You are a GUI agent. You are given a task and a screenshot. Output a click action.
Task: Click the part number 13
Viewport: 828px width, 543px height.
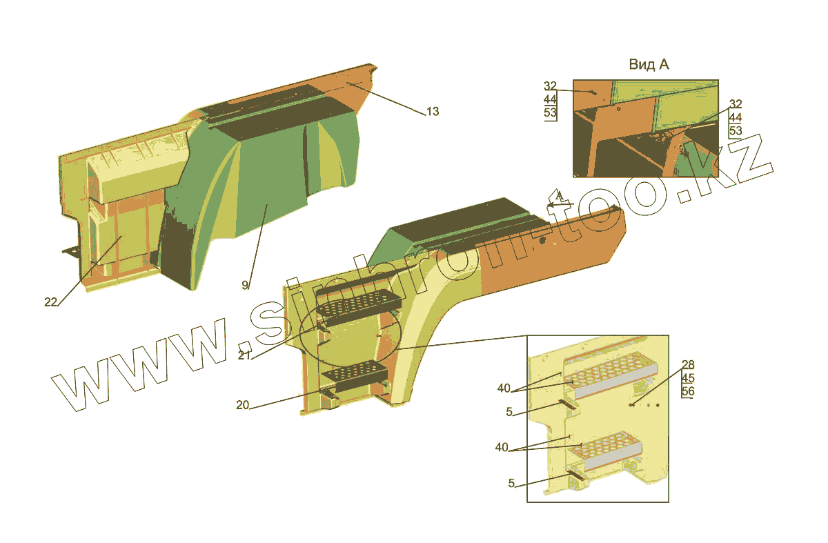tap(432, 112)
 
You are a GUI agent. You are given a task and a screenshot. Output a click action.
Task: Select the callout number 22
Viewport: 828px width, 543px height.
tap(50, 302)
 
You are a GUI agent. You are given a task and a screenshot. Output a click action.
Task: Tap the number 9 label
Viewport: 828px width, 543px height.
tap(245, 285)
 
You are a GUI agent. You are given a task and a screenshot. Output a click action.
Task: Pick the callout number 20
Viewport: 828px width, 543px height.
tap(242, 406)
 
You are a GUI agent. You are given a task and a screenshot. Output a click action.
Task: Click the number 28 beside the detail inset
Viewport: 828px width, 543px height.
tap(688, 365)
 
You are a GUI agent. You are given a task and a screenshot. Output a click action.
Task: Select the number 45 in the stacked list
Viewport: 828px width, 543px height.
tap(688, 378)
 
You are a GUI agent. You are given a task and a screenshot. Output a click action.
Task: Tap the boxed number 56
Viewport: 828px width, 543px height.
tap(688, 392)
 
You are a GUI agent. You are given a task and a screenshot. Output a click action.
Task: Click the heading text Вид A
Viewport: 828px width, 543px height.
tap(649, 64)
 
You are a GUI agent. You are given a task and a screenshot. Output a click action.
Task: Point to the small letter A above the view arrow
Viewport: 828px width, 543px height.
tap(560, 195)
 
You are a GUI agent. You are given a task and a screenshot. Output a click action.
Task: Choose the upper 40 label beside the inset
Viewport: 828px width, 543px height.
tap(504, 388)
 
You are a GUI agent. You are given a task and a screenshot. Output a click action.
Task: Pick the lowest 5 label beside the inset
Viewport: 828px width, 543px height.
tap(511, 484)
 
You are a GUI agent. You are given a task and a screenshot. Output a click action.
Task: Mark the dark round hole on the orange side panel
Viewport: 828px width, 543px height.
tap(544, 241)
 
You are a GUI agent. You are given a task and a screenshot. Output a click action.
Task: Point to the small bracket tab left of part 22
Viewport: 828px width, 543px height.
tap(70, 251)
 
